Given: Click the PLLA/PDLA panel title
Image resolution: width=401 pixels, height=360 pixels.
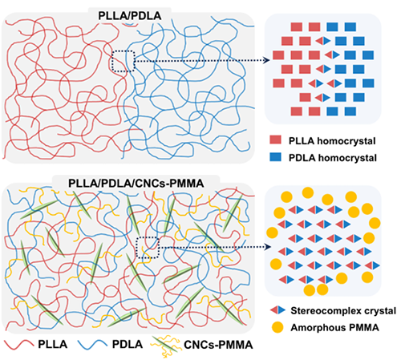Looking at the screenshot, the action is (130, 16).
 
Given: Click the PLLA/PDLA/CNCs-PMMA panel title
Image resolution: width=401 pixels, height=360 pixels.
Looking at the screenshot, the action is (136, 184).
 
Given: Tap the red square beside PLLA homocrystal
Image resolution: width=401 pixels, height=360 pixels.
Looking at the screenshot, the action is (275, 140).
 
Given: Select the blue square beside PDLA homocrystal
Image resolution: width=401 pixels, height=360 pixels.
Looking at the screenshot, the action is (275, 157).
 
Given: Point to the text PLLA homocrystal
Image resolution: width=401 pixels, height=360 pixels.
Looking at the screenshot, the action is (332, 141).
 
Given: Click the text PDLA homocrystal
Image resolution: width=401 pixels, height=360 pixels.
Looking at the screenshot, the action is (333, 158).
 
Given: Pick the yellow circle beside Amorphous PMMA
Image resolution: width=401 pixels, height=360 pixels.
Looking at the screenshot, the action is (277, 327).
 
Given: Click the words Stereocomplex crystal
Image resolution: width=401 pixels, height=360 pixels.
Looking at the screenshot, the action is (343, 311).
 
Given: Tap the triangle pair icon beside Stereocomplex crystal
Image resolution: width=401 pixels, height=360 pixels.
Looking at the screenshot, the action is (277, 310).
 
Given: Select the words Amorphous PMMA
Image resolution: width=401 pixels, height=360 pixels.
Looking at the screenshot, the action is (334, 327).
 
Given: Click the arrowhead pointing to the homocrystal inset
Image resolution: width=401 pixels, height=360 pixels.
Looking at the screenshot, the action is (266, 60).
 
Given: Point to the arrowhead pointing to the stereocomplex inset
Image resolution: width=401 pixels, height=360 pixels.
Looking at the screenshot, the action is (268, 247).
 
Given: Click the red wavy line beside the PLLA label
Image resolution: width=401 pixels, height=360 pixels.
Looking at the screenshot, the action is (19, 344).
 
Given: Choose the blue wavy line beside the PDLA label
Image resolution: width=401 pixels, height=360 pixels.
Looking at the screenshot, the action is (92, 344).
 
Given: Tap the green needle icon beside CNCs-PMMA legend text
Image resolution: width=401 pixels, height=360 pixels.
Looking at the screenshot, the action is (164, 345).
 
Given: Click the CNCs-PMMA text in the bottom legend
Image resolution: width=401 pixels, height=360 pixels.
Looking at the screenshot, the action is (218, 345).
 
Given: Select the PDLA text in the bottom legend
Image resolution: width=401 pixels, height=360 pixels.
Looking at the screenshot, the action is (128, 344).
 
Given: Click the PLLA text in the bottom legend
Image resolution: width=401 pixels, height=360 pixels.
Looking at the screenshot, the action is (52, 344).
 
